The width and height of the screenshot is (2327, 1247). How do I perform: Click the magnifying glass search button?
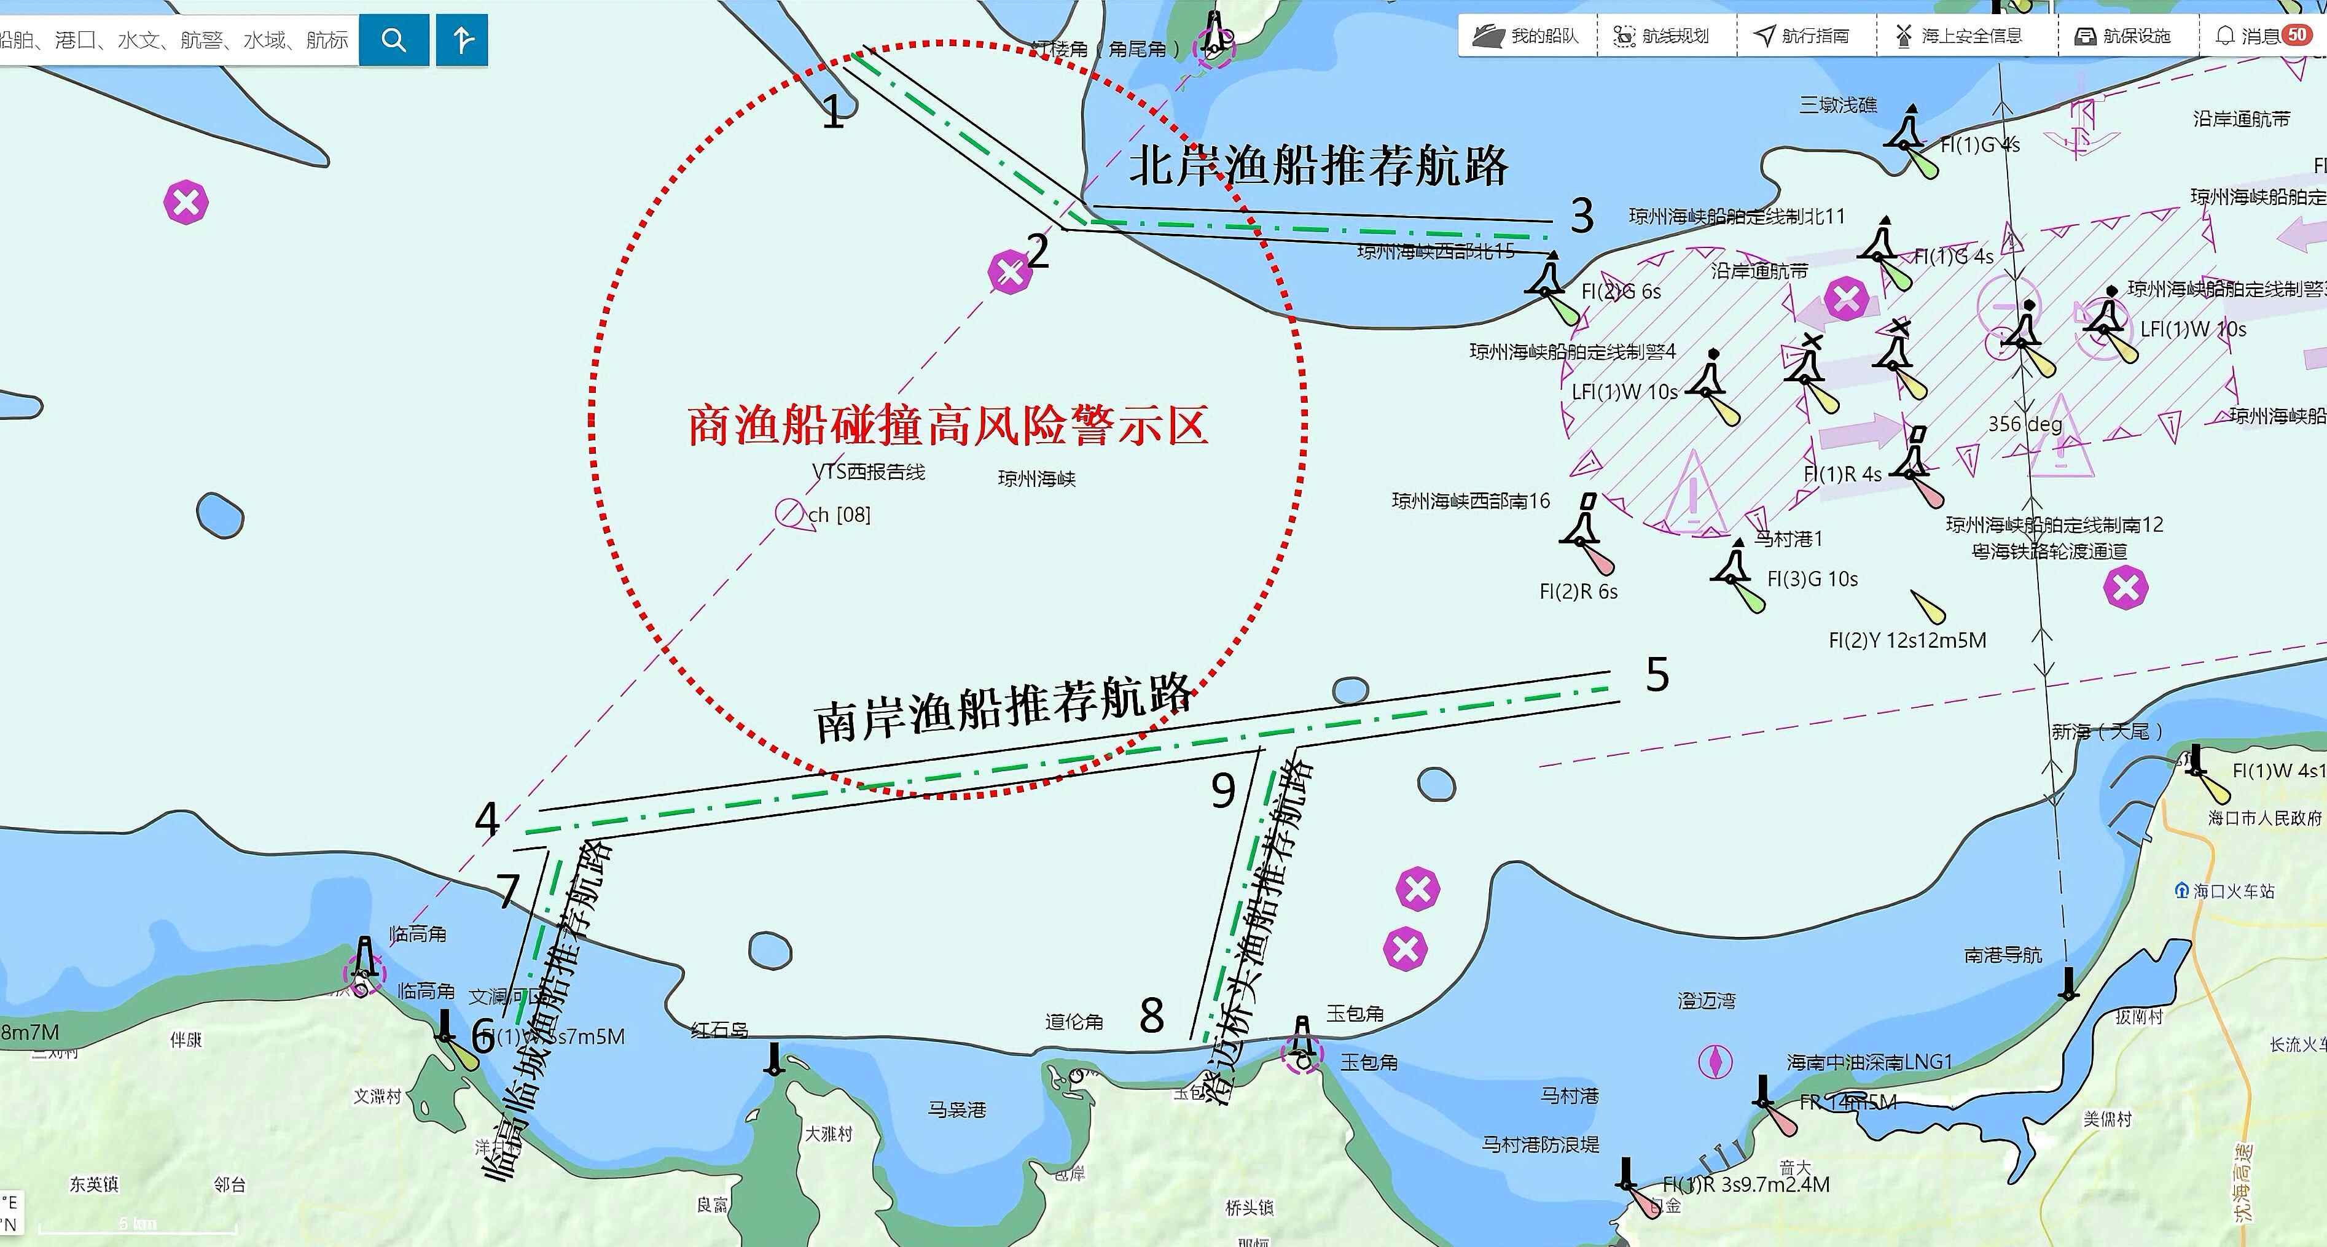click(393, 40)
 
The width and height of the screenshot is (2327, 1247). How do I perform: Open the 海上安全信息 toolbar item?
click(1960, 36)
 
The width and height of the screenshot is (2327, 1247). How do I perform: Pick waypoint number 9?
click(1223, 791)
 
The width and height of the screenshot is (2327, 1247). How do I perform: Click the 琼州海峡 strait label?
click(1036, 478)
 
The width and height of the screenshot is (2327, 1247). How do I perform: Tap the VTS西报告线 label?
click(868, 472)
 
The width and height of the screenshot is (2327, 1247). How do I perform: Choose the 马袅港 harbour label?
click(956, 1109)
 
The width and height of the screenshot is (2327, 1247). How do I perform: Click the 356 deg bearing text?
click(2024, 424)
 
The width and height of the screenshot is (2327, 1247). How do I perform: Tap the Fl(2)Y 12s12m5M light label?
click(1907, 640)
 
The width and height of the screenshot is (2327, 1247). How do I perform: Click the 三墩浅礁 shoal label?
click(1837, 105)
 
